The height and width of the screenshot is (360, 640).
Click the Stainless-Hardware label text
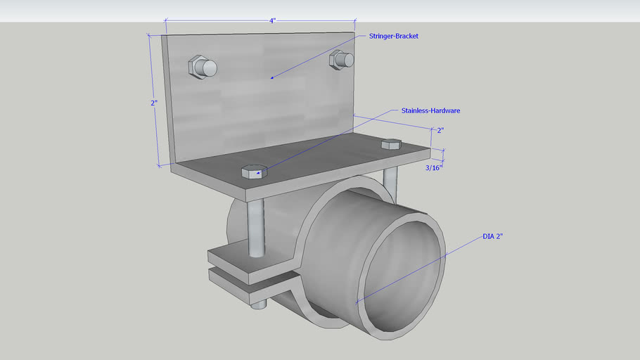click(x=430, y=110)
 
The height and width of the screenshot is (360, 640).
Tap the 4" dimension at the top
click(x=271, y=20)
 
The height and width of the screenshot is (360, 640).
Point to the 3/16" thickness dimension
click(x=434, y=168)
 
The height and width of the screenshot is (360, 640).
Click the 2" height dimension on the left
click(x=154, y=103)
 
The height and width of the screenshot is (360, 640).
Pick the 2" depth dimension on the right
click(x=440, y=131)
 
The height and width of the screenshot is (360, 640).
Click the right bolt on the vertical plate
click(x=341, y=60)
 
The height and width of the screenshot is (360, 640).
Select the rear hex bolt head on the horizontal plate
click(x=390, y=144)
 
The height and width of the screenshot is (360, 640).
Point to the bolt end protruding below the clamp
click(x=259, y=304)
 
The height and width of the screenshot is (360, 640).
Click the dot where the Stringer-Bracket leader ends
click(x=271, y=78)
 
